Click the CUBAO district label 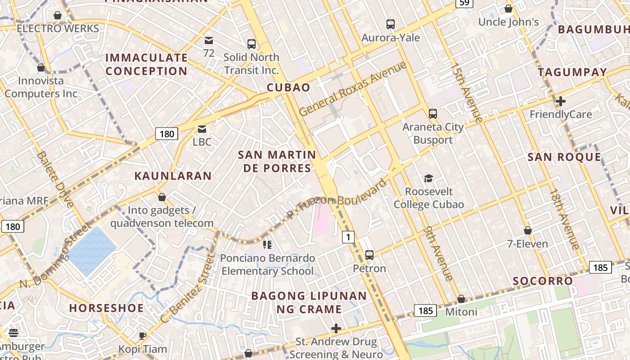pyautogui.click(x=288, y=87)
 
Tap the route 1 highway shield pyautogui.click(x=348, y=237)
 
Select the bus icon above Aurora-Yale pyautogui.click(x=390, y=24)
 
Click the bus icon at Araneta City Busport pyautogui.click(x=432, y=113)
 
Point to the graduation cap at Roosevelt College pyautogui.click(x=428, y=179)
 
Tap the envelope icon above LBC pyautogui.click(x=202, y=129)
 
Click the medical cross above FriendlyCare pyautogui.click(x=560, y=101)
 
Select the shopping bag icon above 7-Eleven pyautogui.click(x=528, y=230)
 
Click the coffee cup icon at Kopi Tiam pyautogui.click(x=142, y=336)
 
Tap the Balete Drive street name pyautogui.click(x=56, y=179)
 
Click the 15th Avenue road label pyautogui.click(x=467, y=93)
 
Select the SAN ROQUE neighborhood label pyautogui.click(x=564, y=157)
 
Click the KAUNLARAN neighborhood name pyautogui.click(x=173, y=176)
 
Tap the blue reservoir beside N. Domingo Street pyautogui.click(x=91, y=250)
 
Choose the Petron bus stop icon pyautogui.click(x=369, y=255)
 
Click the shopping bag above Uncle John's pyautogui.click(x=508, y=9)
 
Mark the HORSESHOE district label pyautogui.click(x=107, y=308)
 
